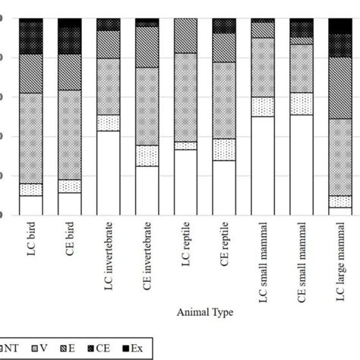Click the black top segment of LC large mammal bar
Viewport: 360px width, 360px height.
pyautogui.click(x=340, y=25)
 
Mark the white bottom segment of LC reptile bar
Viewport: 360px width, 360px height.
pyautogui.click(x=185, y=182)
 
